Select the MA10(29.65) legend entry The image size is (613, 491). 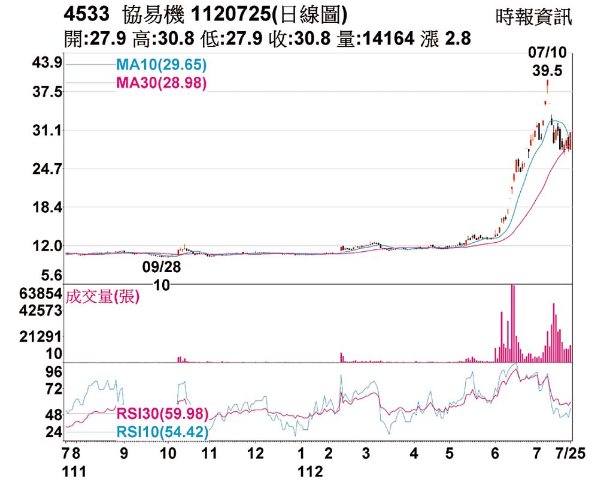(x=162, y=65)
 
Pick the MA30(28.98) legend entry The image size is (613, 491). (x=162, y=83)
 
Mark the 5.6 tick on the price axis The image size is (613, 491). (x=50, y=276)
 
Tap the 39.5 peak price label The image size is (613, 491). (x=547, y=71)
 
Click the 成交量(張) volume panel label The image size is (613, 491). (x=103, y=296)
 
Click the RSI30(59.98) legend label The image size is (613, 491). (x=162, y=414)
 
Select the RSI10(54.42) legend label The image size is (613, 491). (x=162, y=432)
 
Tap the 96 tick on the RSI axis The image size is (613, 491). (x=54, y=372)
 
